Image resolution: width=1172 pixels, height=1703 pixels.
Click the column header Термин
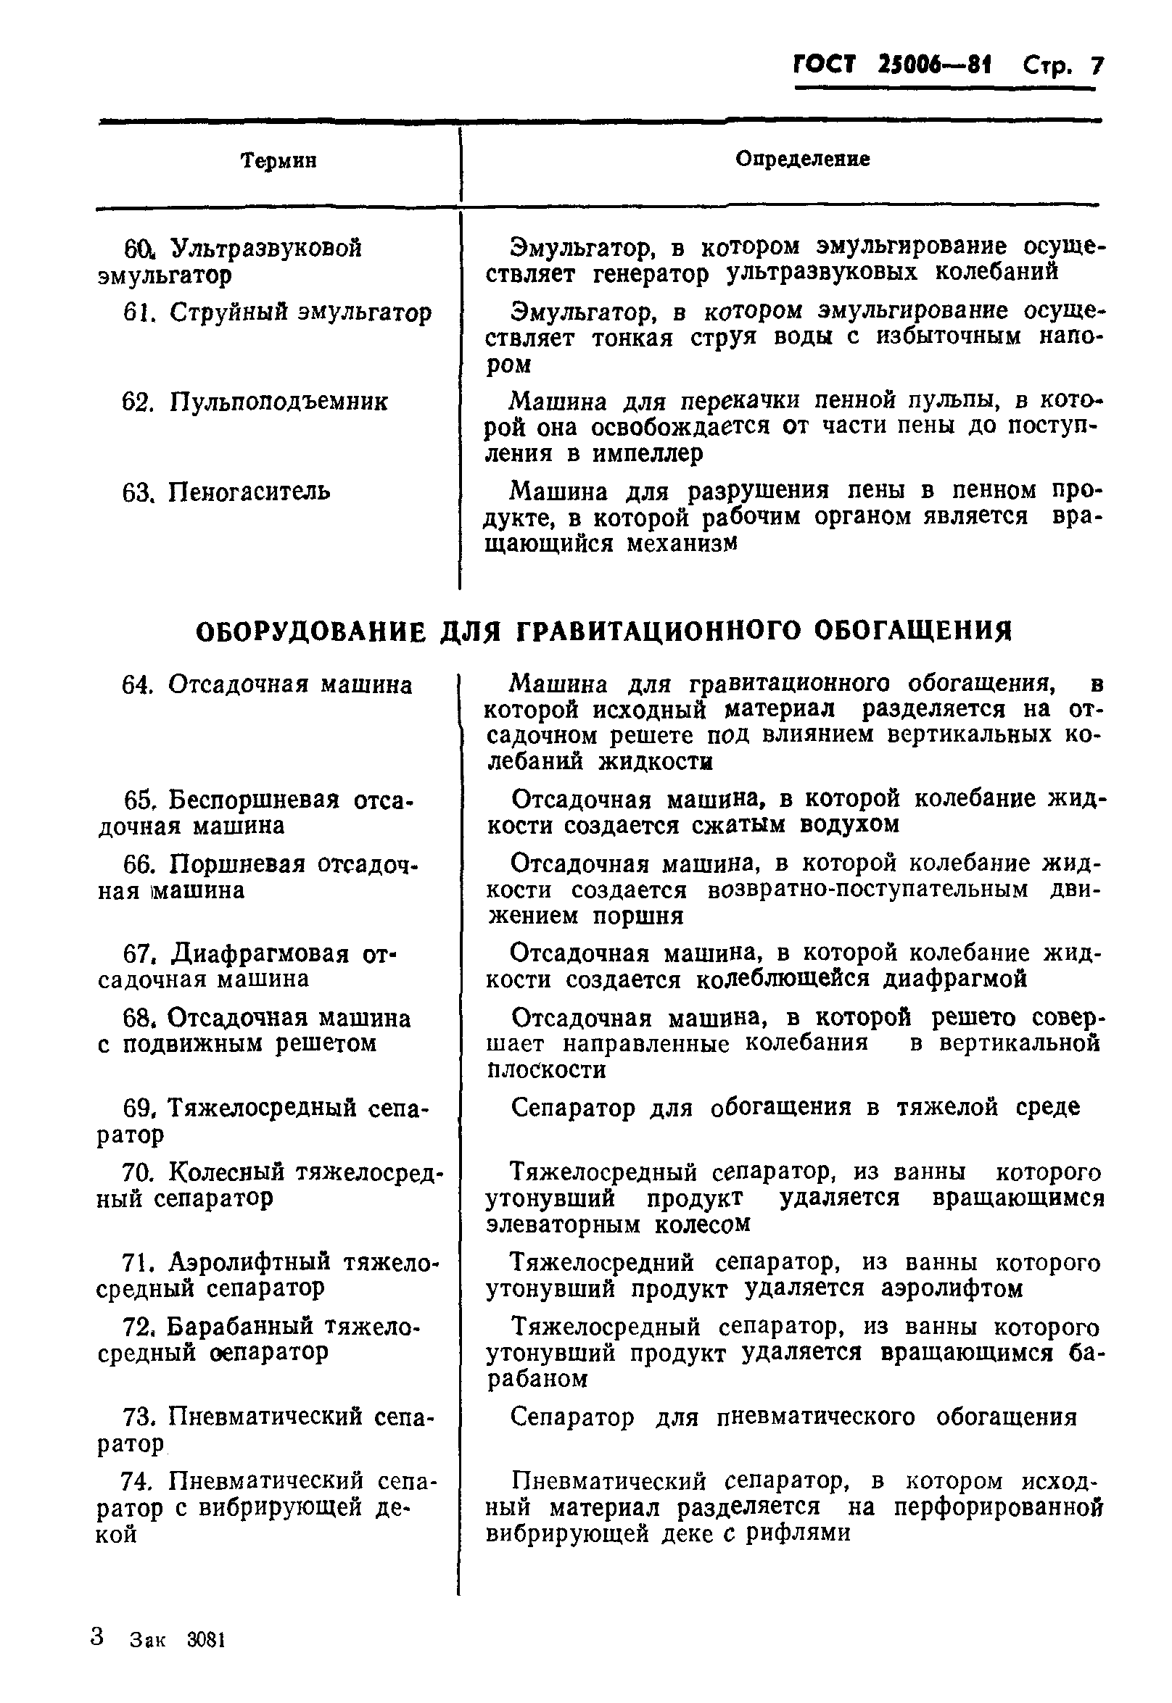pyautogui.click(x=279, y=160)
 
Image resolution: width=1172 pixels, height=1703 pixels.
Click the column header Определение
pyautogui.click(x=803, y=159)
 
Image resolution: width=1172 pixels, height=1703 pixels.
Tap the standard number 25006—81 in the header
pyautogui.click(x=934, y=67)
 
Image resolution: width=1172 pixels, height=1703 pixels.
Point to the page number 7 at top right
pyautogui.click(x=1097, y=67)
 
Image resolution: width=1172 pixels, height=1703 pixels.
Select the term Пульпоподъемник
pyautogui.click(x=278, y=402)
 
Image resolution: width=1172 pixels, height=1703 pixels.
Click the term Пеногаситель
pyautogui.click(x=249, y=491)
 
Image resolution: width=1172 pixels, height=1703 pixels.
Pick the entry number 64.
pyautogui.click(x=136, y=685)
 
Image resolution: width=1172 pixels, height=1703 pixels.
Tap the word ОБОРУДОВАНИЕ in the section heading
pyautogui.click(x=311, y=631)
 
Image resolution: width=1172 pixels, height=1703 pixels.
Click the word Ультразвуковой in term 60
pyautogui.click(x=266, y=248)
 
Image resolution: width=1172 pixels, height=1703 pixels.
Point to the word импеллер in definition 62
pyautogui.click(x=647, y=454)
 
